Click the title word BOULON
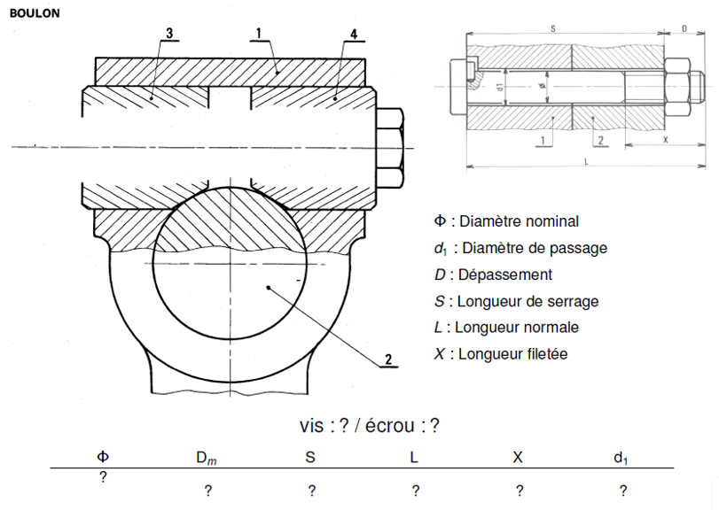coord(35,13)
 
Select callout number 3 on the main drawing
coord(168,34)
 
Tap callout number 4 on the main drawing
coord(354,34)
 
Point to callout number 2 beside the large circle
coord(387,359)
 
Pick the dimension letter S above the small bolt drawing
coord(552,29)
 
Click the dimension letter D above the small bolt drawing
coord(685,29)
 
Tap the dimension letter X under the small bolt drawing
coord(665,139)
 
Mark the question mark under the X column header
coord(519,491)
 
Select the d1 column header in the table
coord(621,458)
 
